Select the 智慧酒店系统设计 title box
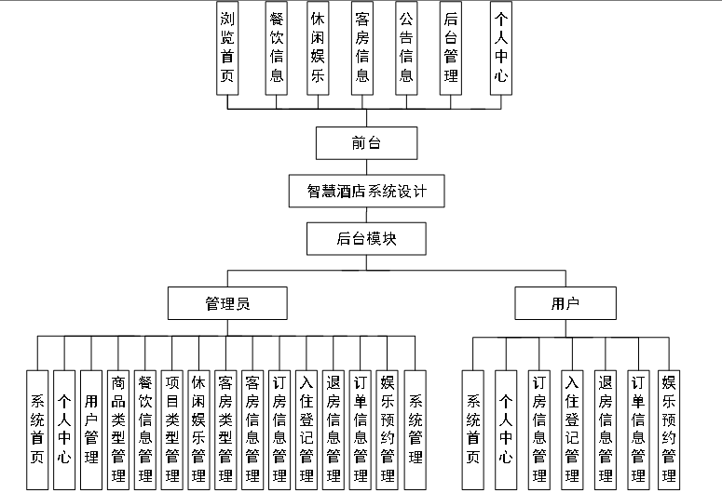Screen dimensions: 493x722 click(x=366, y=192)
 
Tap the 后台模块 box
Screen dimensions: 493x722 click(x=366, y=239)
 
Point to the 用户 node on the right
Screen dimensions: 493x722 click(x=565, y=303)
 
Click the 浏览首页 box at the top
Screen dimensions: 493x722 click(x=228, y=47)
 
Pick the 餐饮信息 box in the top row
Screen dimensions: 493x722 click(x=276, y=47)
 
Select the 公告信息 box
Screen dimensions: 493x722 click(x=406, y=47)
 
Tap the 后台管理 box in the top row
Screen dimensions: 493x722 click(x=451, y=47)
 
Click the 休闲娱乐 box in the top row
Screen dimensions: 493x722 click(x=318, y=47)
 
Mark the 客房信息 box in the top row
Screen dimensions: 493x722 click(x=362, y=47)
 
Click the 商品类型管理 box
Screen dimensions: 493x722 click(x=118, y=429)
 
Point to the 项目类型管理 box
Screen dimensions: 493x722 click(x=171, y=429)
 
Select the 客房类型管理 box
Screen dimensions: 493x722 click(x=225, y=429)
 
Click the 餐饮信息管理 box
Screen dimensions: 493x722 click(x=144, y=429)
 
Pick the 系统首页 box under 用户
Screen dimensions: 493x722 click(x=473, y=429)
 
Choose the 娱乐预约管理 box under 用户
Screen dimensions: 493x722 click(x=668, y=429)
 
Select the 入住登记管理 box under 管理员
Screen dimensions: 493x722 click(x=307, y=429)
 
